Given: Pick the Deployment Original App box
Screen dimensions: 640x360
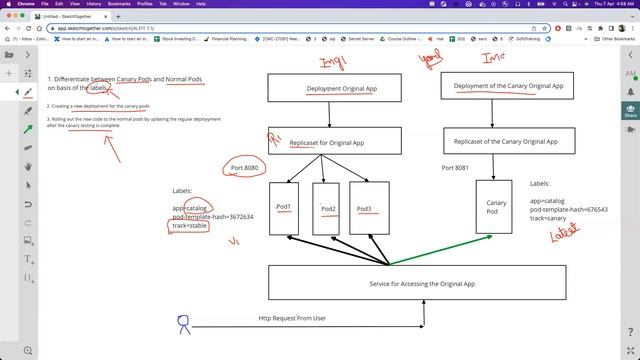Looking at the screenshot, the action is [342, 89].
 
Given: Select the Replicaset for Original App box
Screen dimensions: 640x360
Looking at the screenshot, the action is [342, 140].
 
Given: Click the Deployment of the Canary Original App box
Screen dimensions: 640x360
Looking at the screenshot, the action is [508, 86].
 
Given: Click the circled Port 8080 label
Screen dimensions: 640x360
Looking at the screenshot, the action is [245, 167].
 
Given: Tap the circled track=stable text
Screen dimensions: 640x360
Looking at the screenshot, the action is [190, 226].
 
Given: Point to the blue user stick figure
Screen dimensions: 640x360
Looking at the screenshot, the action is [183, 323].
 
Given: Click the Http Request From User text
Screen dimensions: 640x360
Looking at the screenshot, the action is [292, 318].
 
